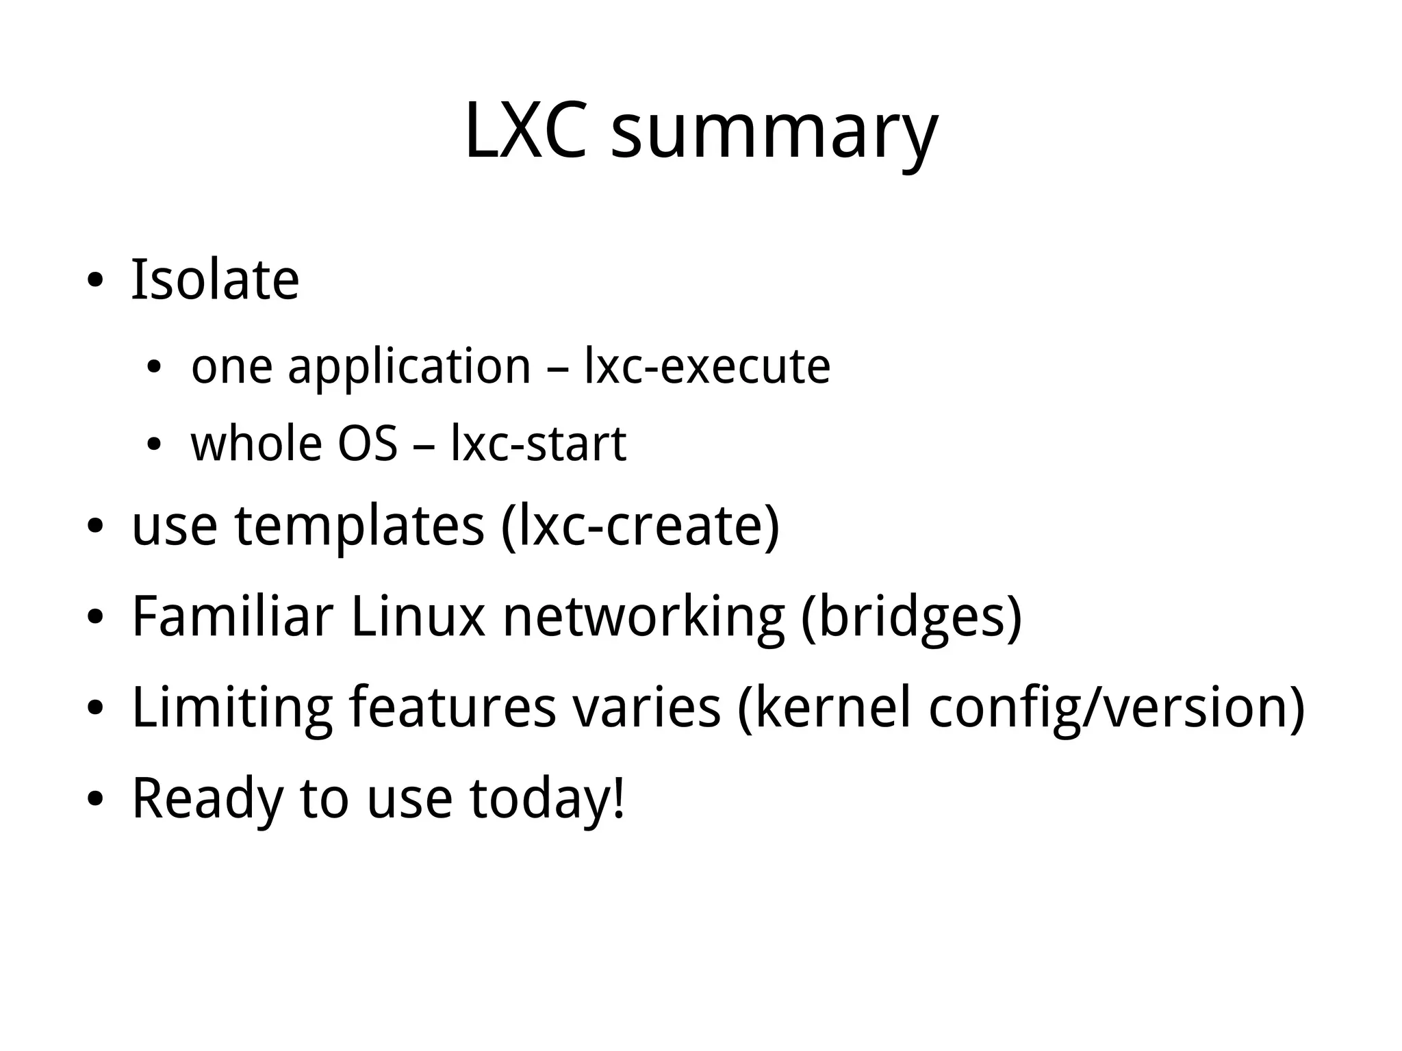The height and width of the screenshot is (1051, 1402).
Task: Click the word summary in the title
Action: [x=774, y=134]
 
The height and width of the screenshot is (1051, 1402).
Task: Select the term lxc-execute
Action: [x=707, y=366]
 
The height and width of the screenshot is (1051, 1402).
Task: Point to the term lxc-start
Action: [x=538, y=444]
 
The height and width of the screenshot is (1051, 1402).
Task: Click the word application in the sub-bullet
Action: [x=409, y=368]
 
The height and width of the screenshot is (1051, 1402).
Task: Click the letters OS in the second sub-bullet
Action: [x=368, y=444]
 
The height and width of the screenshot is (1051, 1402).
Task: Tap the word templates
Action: [x=359, y=527]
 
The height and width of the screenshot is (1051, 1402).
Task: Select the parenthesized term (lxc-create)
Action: [x=641, y=527]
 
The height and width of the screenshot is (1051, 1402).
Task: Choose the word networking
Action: [x=643, y=618]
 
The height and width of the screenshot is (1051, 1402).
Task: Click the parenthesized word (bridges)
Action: [x=911, y=618]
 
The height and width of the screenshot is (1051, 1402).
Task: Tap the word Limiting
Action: [x=232, y=708]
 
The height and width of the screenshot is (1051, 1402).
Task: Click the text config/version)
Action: [x=1117, y=709]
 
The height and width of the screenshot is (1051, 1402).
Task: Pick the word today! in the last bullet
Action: [x=547, y=798]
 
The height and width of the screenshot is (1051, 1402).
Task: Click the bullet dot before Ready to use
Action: [x=95, y=799]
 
